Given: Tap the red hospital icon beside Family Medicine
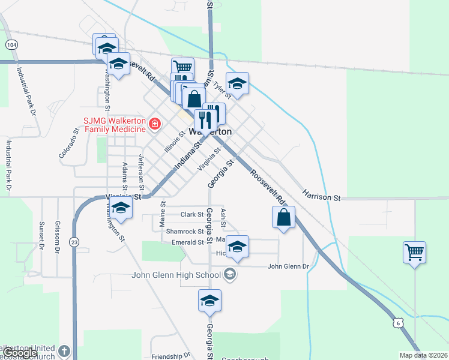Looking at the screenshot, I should [155, 124].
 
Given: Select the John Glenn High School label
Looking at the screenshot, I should [176, 275].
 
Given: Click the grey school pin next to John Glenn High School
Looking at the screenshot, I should [229, 275].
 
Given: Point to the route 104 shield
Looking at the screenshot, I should [11, 44].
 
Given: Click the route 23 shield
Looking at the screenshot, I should [74, 242].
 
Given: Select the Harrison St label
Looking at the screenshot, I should [321, 196].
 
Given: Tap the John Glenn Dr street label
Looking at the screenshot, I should [288, 266].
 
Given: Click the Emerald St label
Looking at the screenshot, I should [187, 242].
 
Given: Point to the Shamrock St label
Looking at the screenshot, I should [185, 232].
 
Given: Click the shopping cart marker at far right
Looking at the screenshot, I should [415, 253].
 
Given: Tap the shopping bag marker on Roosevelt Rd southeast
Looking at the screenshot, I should [284, 218].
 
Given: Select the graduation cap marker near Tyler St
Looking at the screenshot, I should [237, 84].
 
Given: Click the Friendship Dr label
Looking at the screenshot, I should [166, 356].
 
